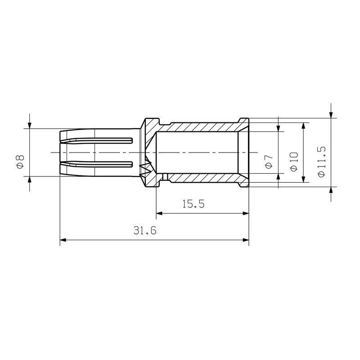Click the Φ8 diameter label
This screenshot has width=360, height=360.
(x=20, y=161)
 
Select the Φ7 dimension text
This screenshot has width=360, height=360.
(x=269, y=161)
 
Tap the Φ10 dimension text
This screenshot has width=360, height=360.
(x=294, y=161)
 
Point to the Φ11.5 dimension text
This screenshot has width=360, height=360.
(x=321, y=161)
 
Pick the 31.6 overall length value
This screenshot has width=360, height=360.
(x=144, y=231)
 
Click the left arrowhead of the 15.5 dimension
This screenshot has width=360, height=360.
(x=160, y=213)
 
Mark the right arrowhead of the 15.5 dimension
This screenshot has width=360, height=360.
(x=245, y=213)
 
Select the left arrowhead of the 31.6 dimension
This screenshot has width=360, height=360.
(x=64, y=240)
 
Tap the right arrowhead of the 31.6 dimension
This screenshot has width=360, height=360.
(x=245, y=240)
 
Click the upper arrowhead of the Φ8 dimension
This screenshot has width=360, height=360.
(x=30, y=125)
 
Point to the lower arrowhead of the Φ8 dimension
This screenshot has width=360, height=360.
(x=30, y=180)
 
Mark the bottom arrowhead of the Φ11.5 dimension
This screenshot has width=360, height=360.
(x=331, y=191)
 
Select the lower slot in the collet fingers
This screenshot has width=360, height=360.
(x=97, y=164)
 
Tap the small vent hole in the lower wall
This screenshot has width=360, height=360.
(x=165, y=176)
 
